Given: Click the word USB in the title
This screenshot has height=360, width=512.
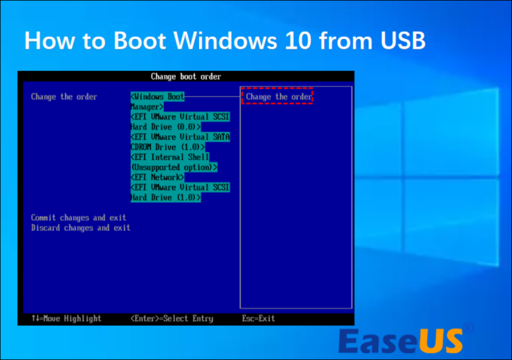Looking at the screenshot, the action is (x=403, y=41).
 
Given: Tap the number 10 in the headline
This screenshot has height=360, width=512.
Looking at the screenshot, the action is (x=298, y=41).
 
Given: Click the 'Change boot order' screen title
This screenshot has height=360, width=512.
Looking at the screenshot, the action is (x=186, y=76).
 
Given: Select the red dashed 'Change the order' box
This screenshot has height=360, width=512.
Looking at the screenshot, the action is (x=277, y=96).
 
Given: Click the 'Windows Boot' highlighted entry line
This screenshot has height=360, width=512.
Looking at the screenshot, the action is (x=157, y=97).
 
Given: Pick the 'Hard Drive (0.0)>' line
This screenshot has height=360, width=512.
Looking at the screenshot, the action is (x=166, y=127).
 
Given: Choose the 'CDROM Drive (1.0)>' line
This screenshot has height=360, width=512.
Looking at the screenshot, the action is (x=168, y=147).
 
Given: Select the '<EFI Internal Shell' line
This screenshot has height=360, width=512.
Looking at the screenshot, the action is (x=170, y=157).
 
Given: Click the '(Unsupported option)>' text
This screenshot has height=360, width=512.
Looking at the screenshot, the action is (x=174, y=167).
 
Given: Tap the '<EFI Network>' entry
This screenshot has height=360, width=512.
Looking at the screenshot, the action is (x=157, y=177).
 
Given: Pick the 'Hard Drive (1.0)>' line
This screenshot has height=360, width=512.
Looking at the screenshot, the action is (x=166, y=198).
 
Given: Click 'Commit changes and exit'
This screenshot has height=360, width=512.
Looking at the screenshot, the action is (x=78, y=218).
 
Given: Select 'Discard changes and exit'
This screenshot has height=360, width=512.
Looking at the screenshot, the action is (x=81, y=228).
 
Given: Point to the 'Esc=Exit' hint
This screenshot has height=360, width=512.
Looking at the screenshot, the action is (x=258, y=318).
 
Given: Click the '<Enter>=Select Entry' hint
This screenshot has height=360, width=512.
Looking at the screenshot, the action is (x=172, y=318).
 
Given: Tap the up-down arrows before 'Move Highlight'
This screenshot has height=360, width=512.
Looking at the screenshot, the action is (x=35, y=318).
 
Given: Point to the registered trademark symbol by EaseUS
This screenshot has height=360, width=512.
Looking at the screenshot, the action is (x=468, y=328).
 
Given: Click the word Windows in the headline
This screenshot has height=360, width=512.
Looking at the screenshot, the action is (x=225, y=41).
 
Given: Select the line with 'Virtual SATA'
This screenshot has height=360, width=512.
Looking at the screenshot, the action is (x=180, y=137).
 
